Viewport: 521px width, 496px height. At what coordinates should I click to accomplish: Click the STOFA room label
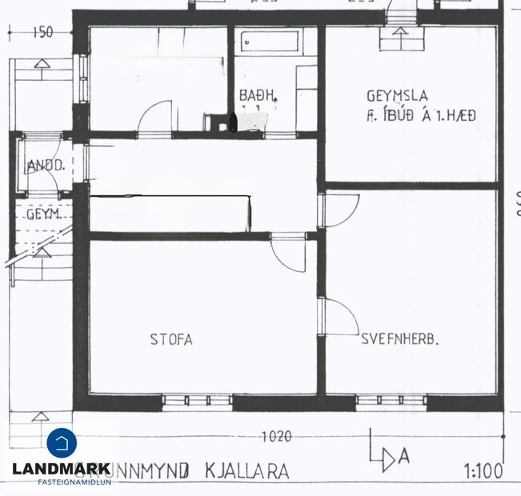pos(171,339)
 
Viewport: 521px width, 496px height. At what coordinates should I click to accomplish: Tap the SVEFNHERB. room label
pos(401,339)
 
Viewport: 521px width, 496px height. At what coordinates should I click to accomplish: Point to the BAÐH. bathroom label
pos(258,96)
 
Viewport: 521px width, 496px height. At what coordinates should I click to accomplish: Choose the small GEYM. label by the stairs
pos(43,215)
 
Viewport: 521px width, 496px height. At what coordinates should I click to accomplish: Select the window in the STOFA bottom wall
pos(197,400)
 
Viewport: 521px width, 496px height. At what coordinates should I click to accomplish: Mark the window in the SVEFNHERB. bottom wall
pos(391,400)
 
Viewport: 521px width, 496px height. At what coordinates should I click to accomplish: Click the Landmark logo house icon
pos(62,444)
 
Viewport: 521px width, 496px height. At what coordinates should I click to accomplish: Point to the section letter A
pos(404,457)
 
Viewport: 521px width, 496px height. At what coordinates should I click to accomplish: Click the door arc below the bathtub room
pos(155,117)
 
